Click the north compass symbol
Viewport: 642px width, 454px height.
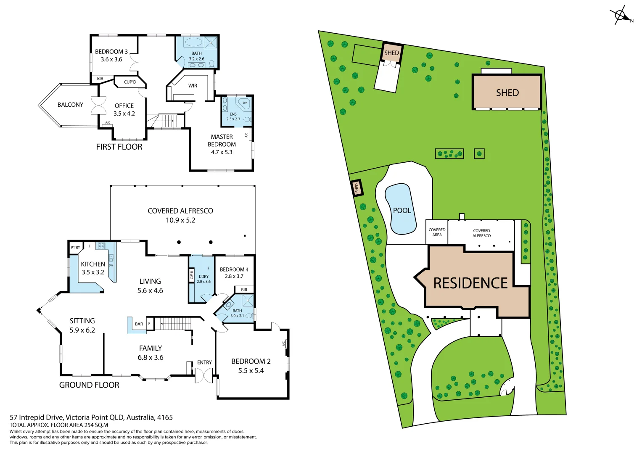point(621,16)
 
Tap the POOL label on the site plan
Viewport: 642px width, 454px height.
point(402,211)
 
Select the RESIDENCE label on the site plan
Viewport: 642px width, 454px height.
point(470,283)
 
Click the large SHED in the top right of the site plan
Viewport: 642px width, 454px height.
point(507,92)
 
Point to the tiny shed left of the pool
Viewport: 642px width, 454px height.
point(357,187)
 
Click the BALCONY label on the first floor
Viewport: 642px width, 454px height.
point(70,105)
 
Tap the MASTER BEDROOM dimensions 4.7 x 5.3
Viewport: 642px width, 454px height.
point(222,152)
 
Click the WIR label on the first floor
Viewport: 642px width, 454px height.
point(193,86)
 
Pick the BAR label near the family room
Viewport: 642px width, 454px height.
point(139,324)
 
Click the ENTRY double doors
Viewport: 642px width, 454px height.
point(204,375)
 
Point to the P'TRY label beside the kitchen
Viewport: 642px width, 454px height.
point(75,248)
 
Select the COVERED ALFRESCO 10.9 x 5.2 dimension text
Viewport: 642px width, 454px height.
point(180,220)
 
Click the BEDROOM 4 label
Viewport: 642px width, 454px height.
point(234,269)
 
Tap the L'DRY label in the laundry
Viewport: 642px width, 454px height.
point(203,277)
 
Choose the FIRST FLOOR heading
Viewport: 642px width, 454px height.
point(119,147)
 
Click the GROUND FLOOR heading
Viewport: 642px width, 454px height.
point(89,385)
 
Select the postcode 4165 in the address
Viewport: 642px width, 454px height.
point(165,417)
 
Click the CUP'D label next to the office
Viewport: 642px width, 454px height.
point(130,82)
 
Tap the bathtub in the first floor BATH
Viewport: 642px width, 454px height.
point(193,42)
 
